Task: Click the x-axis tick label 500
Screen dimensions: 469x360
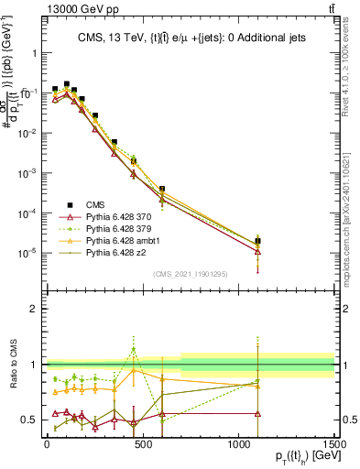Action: [x=142, y=446]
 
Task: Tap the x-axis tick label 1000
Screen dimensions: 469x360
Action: [x=237, y=446]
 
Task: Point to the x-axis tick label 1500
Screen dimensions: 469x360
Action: [x=333, y=446]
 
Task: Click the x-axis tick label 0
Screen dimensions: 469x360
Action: [x=47, y=446]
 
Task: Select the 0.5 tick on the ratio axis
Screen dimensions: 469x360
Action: [x=32, y=420]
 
